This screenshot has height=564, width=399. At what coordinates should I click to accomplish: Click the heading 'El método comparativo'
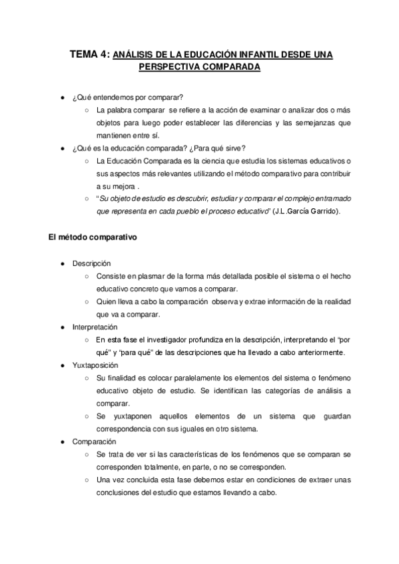(93, 239)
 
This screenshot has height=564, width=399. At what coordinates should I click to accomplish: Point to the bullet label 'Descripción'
(92, 264)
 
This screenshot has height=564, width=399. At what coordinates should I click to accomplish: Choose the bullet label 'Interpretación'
(95, 327)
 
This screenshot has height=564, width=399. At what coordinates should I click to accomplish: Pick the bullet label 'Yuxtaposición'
(95, 365)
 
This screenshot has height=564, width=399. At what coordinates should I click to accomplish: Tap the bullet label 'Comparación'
(94, 441)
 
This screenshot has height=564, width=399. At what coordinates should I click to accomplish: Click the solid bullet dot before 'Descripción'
(62, 264)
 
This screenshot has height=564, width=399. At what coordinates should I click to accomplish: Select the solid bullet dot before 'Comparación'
(62, 441)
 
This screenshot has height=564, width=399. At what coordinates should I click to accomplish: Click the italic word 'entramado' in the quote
(328, 199)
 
